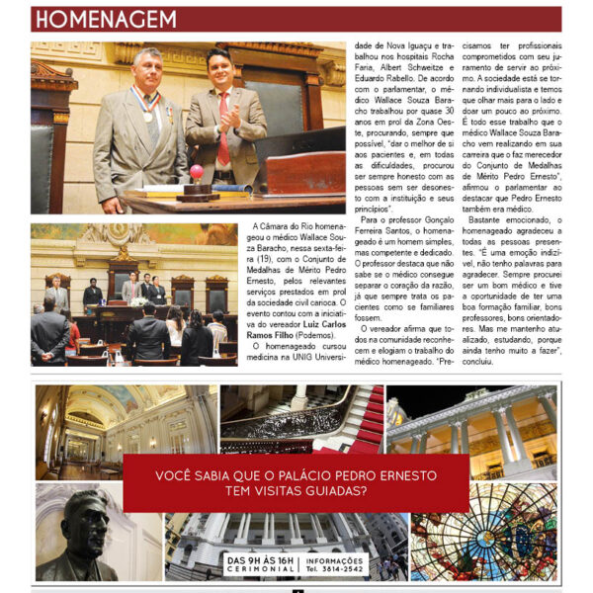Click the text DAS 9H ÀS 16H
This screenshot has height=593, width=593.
coord(261,560)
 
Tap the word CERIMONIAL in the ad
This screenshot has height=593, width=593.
coord(261,570)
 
